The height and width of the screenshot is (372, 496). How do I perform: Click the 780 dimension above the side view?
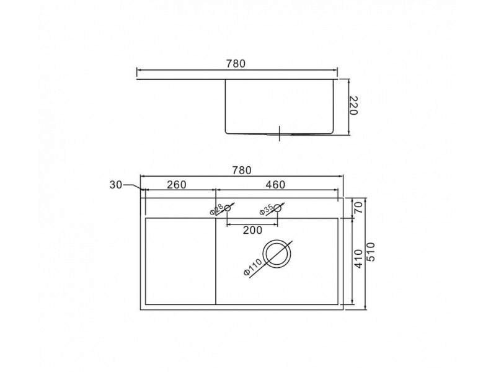click(x=236, y=64)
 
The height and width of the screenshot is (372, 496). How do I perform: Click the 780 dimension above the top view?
click(x=242, y=170)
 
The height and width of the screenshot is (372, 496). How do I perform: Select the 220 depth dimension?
click(x=353, y=106)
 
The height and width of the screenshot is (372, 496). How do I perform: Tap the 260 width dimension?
click(x=177, y=185)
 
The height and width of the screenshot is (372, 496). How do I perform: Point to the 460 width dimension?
click(x=275, y=185)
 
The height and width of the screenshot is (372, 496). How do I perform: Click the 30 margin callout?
click(x=115, y=185)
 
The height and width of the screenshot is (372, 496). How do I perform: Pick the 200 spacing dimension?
click(x=252, y=230)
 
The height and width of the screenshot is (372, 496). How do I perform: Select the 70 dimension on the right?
click(x=358, y=208)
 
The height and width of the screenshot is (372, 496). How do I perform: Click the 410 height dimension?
click(x=358, y=259)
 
